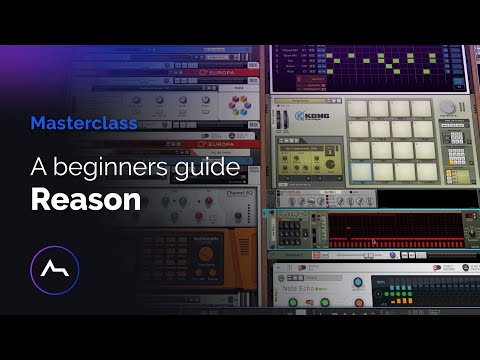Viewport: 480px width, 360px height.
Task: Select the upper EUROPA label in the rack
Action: [217, 72]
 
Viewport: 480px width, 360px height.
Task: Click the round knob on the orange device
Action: [206, 254]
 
